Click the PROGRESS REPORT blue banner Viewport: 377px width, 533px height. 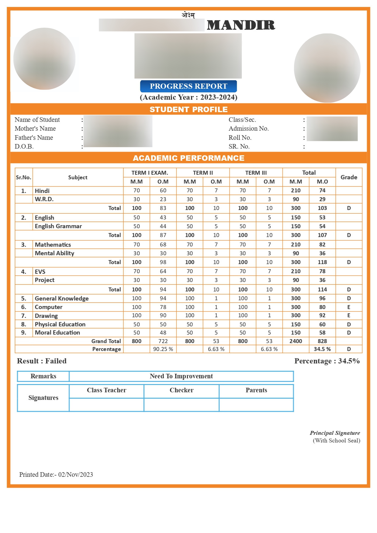click(x=188, y=86)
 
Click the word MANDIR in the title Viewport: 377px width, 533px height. click(x=241, y=25)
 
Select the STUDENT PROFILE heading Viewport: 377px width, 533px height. click(x=188, y=109)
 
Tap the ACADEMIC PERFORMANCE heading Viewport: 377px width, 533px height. click(x=188, y=158)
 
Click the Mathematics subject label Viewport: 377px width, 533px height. click(x=53, y=245)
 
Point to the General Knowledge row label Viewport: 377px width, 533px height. click(x=62, y=298)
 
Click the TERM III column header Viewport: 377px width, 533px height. click(x=256, y=173)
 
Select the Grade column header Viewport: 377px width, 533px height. click(x=349, y=177)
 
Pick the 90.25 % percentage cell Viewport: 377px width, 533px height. click(x=163, y=349)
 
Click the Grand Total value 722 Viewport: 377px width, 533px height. click(x=163, y=341)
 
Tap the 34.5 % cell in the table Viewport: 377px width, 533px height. click(x=322, y=349)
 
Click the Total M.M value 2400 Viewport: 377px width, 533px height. click(x=296, y=341)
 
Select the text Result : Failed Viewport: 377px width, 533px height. click(x=42, y=361)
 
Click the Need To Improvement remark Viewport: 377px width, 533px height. click(x=181, y=376)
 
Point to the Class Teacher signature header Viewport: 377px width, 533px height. click(x=106, y=390)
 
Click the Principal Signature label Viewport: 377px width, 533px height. click(x=335, y=433)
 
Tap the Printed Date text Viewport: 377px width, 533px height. click(x=56, y=475)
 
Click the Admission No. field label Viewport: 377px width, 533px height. click(x=249, y=129)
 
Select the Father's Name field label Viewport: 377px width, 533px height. click(x=34, y=138)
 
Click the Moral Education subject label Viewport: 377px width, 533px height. click(x=57, y=333)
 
